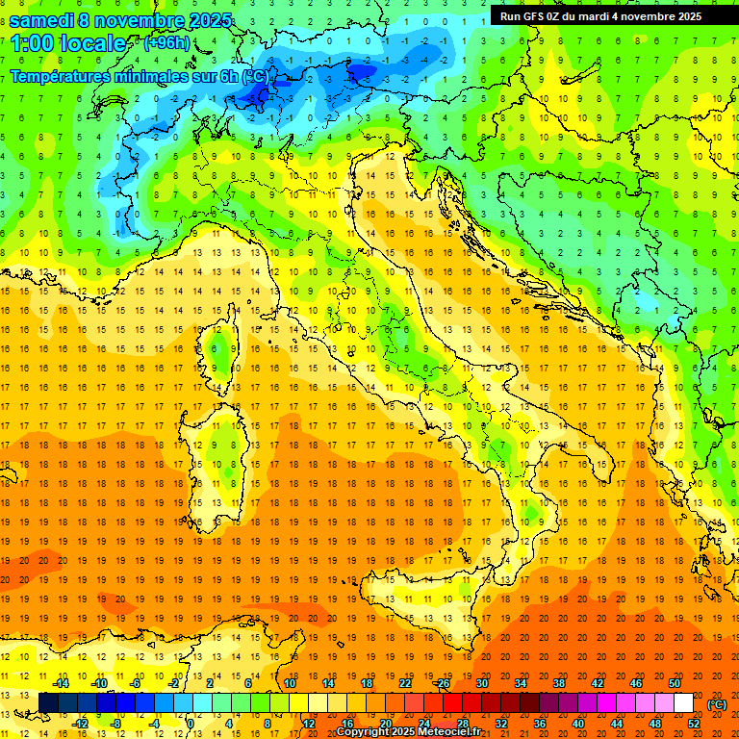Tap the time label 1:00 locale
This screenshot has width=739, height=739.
(x=68, y=43)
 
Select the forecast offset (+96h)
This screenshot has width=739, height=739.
(x=166, y=42)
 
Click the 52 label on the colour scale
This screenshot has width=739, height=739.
(x=694, y=723)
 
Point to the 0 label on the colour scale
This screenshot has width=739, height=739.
(x=191, y=723)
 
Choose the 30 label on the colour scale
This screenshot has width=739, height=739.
(x=481, y=683)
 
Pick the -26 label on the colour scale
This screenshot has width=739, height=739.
(x=442, y=683)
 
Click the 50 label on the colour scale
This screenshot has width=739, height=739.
(x=675, y=683)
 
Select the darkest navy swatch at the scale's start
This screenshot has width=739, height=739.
(x=48, y=703)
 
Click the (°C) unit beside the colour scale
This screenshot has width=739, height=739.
(x=717, y=703)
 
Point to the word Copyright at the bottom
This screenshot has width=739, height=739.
(x=363, y=732)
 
